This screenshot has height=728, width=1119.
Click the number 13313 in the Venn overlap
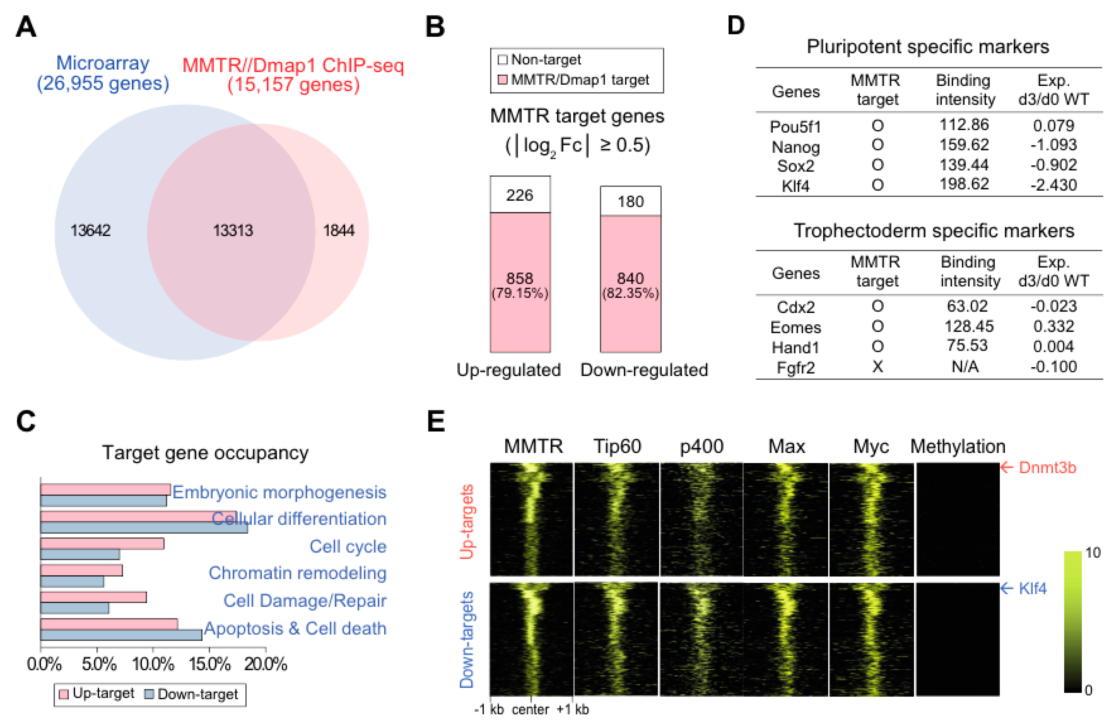click(x=233, y=231)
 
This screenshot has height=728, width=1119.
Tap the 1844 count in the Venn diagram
click(x=338, y=231)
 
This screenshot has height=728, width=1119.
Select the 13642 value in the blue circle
click(x=90, y=231)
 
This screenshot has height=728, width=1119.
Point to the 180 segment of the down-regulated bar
click(x=630, y=202)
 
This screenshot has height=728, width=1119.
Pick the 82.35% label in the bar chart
click(x=630, y=293)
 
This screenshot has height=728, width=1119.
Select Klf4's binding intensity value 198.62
click(x=964, y=184)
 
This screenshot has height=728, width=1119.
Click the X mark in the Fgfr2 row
click(x=877, y=367)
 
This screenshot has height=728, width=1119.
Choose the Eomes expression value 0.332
click(x=1054, y=326)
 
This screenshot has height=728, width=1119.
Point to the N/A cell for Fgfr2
click(x=965, y=367)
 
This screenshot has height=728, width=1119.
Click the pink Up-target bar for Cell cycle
click(x=102, y=544)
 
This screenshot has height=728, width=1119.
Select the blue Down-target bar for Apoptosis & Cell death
click(x=121, y=635)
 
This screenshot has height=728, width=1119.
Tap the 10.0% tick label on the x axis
click(x=153, y=664)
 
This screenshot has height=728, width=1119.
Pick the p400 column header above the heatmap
click(x=701, y=446)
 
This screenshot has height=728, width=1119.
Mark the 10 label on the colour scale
click(x=1093, y=553)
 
